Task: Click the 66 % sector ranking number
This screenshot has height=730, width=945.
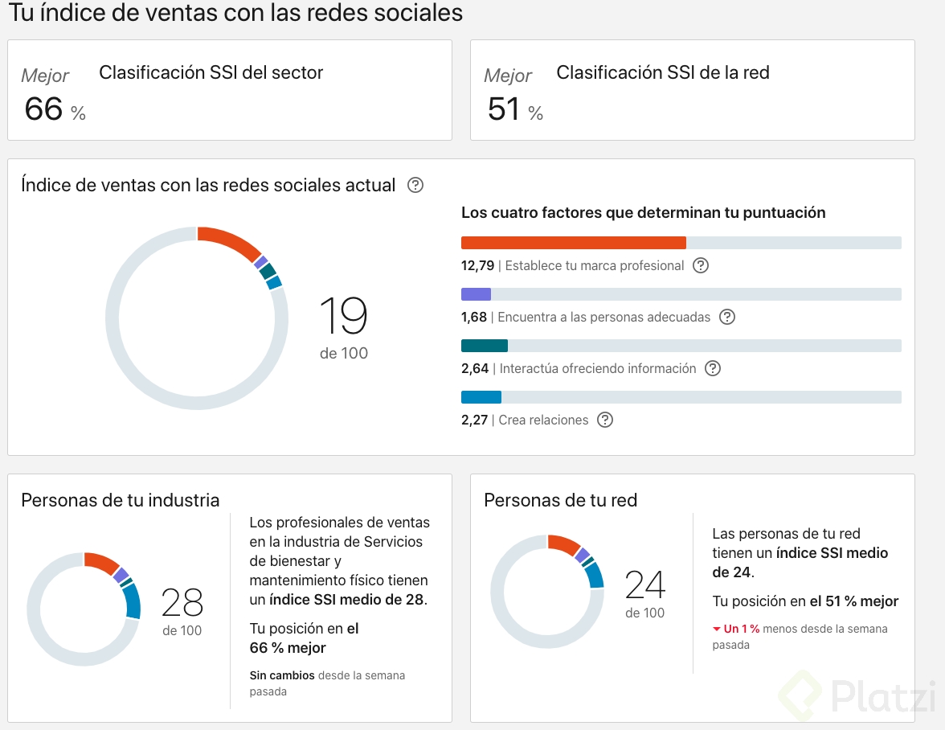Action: (44, 109)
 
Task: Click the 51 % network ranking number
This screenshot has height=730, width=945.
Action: (505, 109)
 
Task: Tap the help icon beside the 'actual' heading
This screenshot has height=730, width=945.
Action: (415, 185)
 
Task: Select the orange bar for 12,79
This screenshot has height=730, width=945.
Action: (573, 243)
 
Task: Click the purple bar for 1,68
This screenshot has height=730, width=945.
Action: (476, 294)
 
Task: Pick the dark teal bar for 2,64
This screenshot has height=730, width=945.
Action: (484, 346)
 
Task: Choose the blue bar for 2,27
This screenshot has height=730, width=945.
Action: (481, 397)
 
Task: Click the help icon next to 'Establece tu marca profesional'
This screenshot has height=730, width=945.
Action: (701, 265)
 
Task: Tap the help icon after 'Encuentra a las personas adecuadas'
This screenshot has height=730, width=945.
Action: (727, 317)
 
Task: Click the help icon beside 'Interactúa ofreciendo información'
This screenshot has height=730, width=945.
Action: (713, 368)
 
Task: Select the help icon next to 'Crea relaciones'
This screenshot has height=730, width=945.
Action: (605, 420)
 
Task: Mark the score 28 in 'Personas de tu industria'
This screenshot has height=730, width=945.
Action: (182, 602)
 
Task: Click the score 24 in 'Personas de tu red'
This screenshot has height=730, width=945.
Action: (645, 584)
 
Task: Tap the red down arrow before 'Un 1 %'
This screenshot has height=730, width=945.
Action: (717, 629)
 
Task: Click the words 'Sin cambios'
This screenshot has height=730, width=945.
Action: (282, 675)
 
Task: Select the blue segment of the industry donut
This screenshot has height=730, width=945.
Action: (131, 600)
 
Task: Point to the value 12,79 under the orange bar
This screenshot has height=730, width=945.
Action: (478, 265)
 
